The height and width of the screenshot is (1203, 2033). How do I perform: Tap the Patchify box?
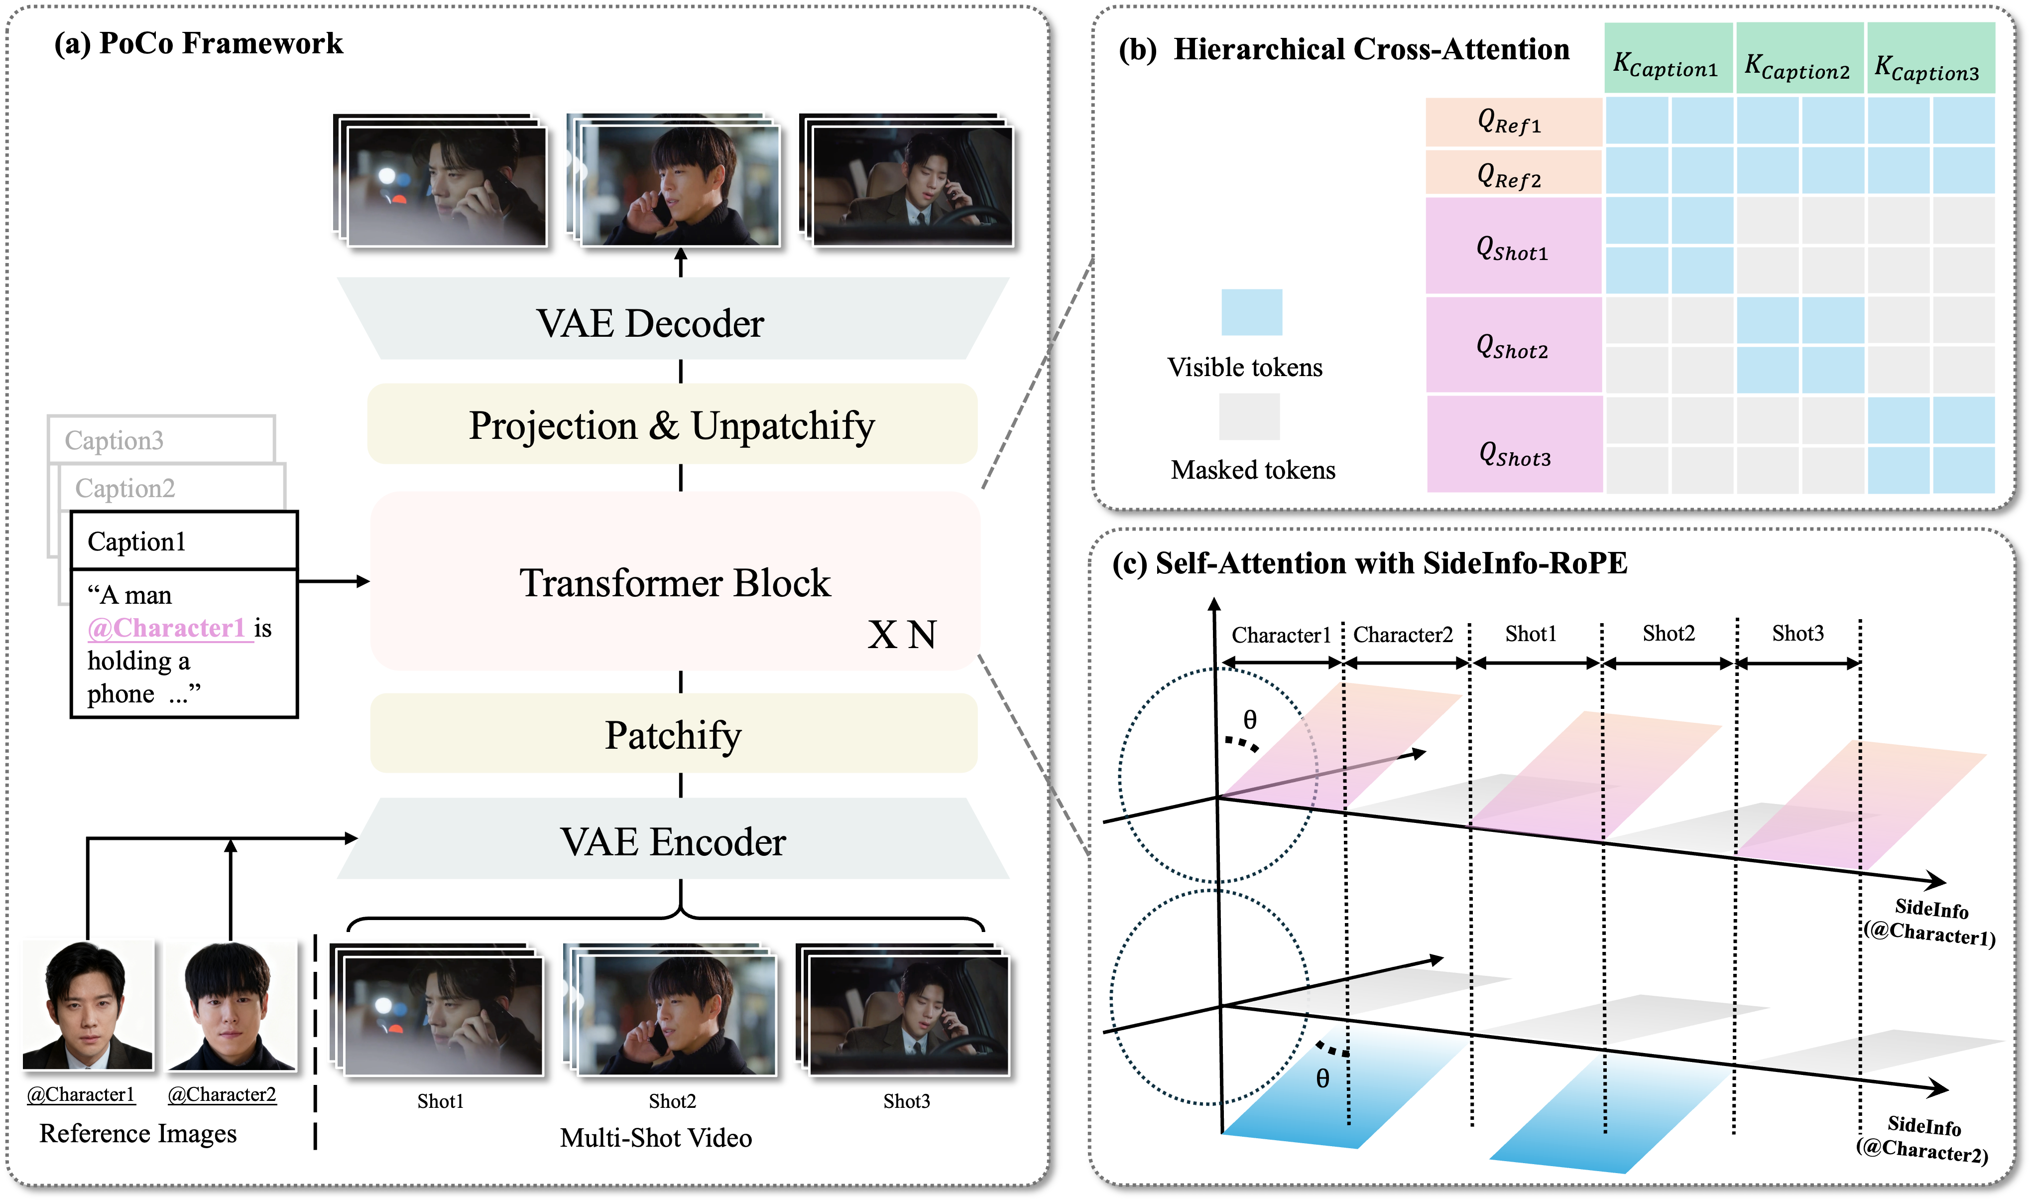coord(673,734)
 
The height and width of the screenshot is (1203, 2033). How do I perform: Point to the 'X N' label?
coord(902,635)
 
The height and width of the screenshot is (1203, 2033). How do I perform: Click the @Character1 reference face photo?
coord(87,1005)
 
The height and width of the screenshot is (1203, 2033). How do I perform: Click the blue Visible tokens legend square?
coord(1251,312)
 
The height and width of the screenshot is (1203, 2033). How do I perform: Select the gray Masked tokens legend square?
coord(1249,416)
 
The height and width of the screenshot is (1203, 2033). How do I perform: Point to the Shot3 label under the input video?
coord(906,1101)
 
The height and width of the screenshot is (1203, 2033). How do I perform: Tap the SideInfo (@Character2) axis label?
coord(1923,1138)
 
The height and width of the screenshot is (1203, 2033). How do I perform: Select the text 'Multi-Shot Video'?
coord(656,1137)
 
